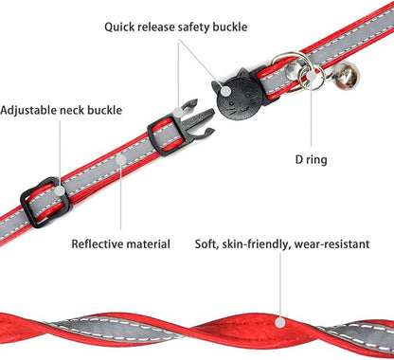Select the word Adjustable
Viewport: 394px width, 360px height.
[28, 110]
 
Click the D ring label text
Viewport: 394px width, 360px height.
[311, 160]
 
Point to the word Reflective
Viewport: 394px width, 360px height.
[98, 244]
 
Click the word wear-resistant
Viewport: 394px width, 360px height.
[331, 244]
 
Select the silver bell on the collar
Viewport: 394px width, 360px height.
[346, 76]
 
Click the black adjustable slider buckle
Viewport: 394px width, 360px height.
[45, 202]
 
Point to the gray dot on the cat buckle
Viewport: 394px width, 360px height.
[225, 92]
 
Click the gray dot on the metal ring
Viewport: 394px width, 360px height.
[312, 76]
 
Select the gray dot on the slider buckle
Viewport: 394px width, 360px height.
[59, 190]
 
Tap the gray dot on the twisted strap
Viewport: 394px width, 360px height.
[279, 322]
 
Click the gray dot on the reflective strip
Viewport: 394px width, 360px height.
[120, 160]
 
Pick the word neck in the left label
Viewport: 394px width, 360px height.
[72, 110]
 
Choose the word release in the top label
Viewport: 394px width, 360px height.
[153, 27]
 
